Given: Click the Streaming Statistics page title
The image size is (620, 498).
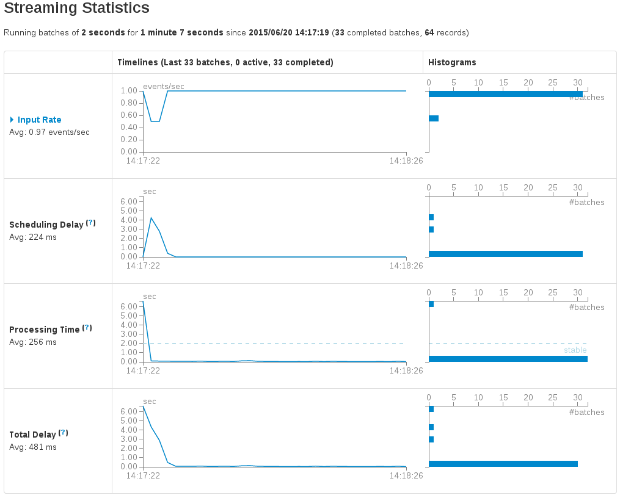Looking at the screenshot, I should tap(76, 9).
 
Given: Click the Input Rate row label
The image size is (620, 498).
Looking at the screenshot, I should tap(39, 120).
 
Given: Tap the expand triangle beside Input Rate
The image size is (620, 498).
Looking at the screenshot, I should tap(12, 120).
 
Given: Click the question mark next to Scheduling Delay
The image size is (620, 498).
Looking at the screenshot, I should tap(91, 223).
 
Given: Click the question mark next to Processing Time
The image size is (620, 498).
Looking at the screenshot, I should tap(87, 328).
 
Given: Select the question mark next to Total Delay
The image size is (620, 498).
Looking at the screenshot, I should tap(63, 433).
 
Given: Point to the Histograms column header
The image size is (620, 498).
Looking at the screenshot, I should tap(452, 62).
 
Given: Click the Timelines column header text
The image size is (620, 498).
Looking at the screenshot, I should tap(225, 62).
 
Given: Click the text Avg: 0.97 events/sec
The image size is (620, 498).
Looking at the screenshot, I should tap(49, 132).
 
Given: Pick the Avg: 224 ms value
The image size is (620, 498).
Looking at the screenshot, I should tap(33, 237).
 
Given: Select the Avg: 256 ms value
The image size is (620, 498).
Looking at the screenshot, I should tap(33, 342).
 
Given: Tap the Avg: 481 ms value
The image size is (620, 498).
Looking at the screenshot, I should tap(33, 447).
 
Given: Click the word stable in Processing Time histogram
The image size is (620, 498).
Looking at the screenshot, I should tap(575, 350).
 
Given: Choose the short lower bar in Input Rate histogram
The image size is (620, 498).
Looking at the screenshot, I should tap(434, 118).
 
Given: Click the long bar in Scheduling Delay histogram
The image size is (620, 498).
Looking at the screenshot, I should tap(506, 254).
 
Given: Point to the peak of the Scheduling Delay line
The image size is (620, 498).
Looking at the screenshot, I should tap(151, 218).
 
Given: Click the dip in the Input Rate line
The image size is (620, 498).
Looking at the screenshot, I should tap(155, 121).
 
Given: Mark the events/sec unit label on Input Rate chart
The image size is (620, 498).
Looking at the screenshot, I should tap(164, 86).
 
